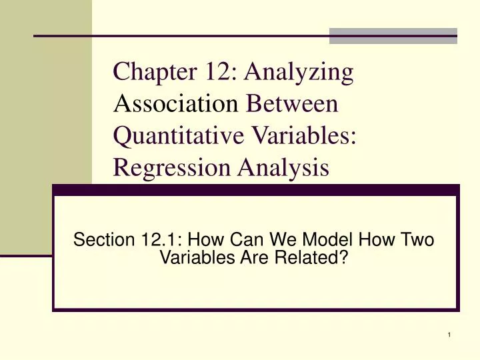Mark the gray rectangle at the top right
393,35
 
